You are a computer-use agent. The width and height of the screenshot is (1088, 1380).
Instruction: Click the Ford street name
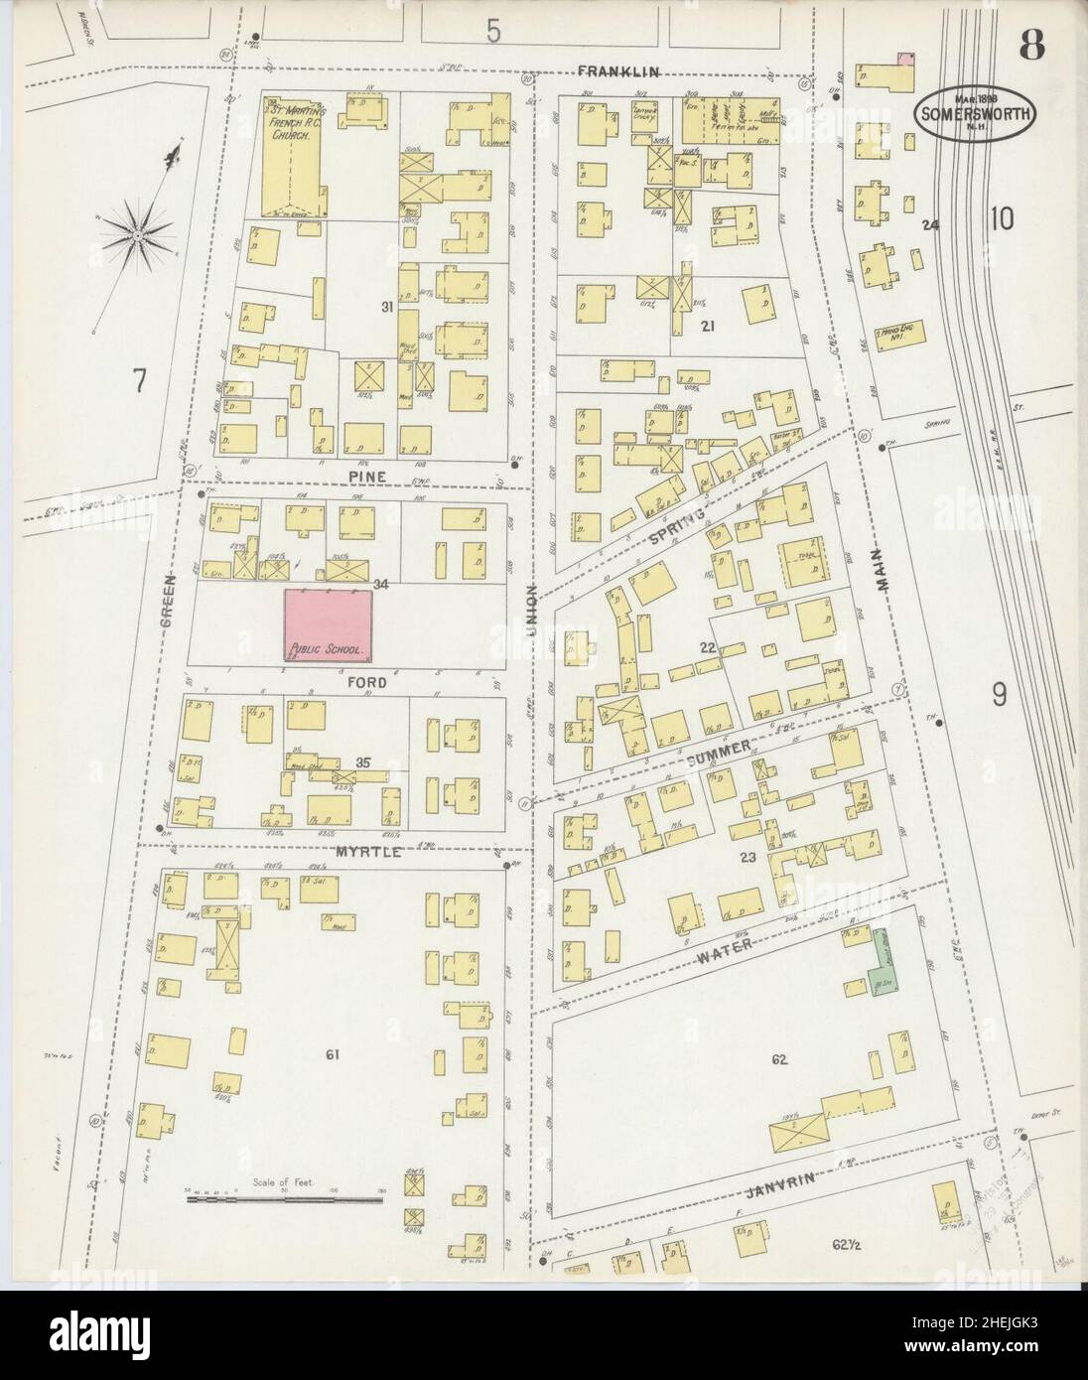tap(365, 683)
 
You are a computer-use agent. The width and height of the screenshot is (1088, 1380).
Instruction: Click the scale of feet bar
tap(285, 1199)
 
